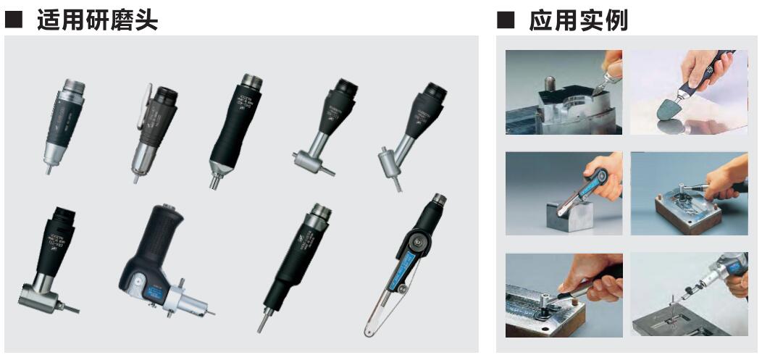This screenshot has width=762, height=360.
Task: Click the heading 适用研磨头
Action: click(94, 20)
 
